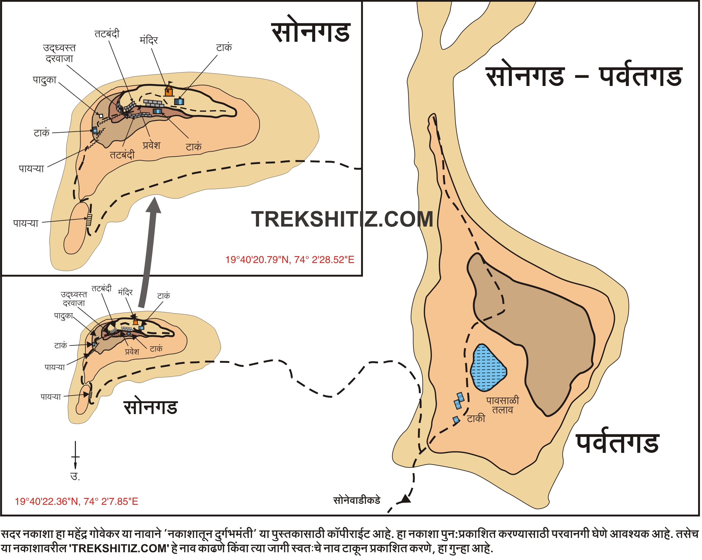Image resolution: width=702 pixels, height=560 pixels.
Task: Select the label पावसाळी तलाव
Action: coord(502,405)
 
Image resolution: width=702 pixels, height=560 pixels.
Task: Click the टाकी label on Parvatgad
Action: coord(476,419)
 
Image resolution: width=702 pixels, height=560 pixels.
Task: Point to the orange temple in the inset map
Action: coord(169,91)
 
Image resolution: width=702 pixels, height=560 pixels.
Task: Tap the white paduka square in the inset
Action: coord(101,116)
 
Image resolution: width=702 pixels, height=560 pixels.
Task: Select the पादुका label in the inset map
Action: coord(44,80)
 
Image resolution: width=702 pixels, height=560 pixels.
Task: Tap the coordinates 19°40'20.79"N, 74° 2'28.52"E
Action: coord(290,260)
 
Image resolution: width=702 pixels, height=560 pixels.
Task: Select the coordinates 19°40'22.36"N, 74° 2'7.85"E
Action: coord(76,501)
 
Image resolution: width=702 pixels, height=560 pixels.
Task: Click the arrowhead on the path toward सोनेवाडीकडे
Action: coord(405,499)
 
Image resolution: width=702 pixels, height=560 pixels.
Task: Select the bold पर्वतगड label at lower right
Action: coord(618,444)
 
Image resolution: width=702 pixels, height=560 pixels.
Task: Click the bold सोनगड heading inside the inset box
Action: coord(311,33)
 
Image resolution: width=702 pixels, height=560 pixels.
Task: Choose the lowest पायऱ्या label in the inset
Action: coord(26,224)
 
